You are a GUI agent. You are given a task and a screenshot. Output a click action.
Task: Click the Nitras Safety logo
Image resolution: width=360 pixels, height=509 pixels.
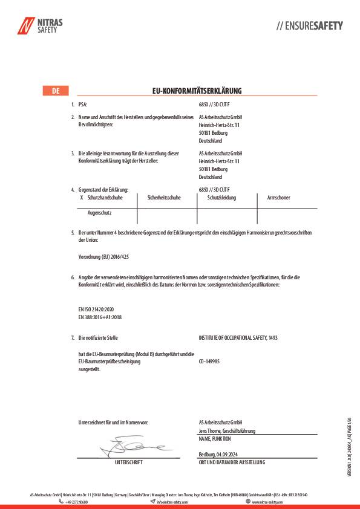(x=40, y=26)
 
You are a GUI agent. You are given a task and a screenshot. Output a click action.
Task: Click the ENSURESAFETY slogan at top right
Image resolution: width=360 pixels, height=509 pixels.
(x=309, y=26)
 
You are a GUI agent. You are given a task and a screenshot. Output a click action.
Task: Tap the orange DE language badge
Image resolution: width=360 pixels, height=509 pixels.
(x=55, y=91)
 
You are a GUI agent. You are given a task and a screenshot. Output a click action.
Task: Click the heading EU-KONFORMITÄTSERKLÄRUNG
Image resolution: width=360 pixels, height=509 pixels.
(x=197, y=91)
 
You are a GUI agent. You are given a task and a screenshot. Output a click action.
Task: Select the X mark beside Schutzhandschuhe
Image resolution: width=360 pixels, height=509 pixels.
(x=82, y=198)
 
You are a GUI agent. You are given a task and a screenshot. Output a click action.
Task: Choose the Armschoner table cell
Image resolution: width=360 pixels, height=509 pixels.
(x=279, y=198)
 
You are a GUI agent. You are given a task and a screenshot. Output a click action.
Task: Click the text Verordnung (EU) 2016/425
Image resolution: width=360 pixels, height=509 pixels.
(x=104, y=257)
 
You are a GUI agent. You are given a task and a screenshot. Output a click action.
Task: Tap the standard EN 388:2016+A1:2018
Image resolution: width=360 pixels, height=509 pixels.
(x=100, y=316)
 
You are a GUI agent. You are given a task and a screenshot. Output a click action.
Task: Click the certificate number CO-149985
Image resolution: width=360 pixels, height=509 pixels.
(x=209, y=361)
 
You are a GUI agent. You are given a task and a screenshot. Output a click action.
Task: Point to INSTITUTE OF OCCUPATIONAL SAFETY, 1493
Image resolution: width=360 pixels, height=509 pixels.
(x=238, y=337)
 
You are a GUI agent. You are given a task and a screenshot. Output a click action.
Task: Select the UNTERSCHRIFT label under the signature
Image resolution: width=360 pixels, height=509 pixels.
(x=128, y=462)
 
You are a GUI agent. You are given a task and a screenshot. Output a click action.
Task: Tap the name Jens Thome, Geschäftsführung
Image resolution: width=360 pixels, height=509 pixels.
(x=227, y=430)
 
